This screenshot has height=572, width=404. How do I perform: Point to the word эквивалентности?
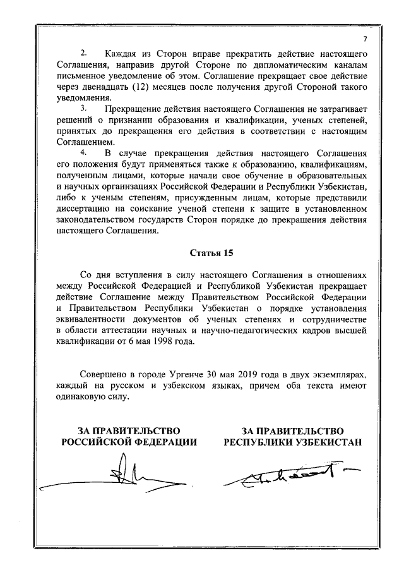click(x=90, y=319)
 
